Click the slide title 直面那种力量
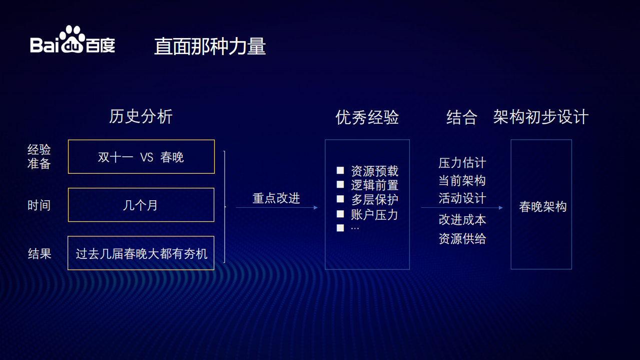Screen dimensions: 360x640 click(210, 47)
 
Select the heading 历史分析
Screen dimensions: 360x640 click(141, 117)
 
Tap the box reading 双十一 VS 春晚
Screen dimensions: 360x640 click(141, 157)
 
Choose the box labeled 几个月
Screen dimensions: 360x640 click(141, 205)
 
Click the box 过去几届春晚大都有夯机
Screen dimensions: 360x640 click(141, 253)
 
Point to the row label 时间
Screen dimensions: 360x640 click(39, 205)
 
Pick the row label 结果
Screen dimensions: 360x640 click(40, 253)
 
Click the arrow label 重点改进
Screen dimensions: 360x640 click(276, 198)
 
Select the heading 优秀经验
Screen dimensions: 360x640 click(367, 117)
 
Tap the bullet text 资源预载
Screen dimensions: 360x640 click(374, 171)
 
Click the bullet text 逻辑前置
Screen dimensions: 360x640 click(374, 185)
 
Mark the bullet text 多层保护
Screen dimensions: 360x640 click(374, 200)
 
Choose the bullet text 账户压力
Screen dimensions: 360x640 click(374, 214)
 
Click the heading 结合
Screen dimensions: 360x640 click(461, 117)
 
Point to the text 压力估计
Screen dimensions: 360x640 click(462, 163)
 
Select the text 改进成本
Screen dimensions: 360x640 click(462, 220)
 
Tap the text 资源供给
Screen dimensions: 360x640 click(462, 239)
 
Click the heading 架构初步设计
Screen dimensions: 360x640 click(540, 117)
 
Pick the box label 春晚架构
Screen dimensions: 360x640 click(542, 207)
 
